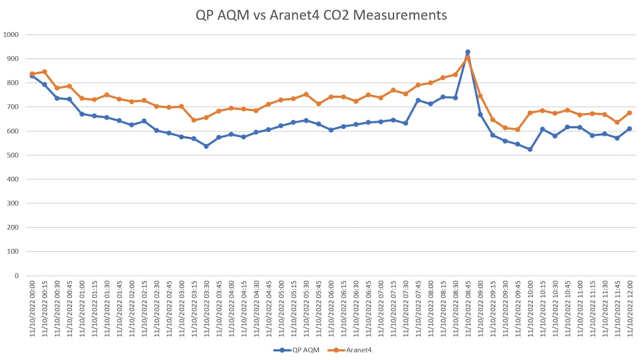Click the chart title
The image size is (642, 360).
click(321, 15)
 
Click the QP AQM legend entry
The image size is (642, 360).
click(305, 350)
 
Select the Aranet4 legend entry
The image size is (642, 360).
click(359, 350)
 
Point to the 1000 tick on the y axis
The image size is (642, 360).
click(11, 35)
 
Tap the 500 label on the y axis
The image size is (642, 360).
click(13, 155)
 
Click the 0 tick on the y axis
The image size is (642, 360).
click(17, 275)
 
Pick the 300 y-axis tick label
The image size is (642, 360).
click(13, 203)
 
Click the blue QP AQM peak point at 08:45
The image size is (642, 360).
click(467, 52)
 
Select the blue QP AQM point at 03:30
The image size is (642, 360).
click(206, 146)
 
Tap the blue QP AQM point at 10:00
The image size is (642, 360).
click(530, 149)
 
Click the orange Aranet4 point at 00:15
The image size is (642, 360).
click(45, 72)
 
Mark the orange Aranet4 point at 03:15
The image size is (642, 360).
click(194, 120)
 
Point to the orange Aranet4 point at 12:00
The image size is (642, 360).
click(630, 113)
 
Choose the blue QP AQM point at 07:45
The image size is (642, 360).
click(418, 100)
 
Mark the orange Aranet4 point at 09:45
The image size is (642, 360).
click(518, 130)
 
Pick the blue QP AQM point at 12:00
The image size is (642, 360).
click(630, 129)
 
